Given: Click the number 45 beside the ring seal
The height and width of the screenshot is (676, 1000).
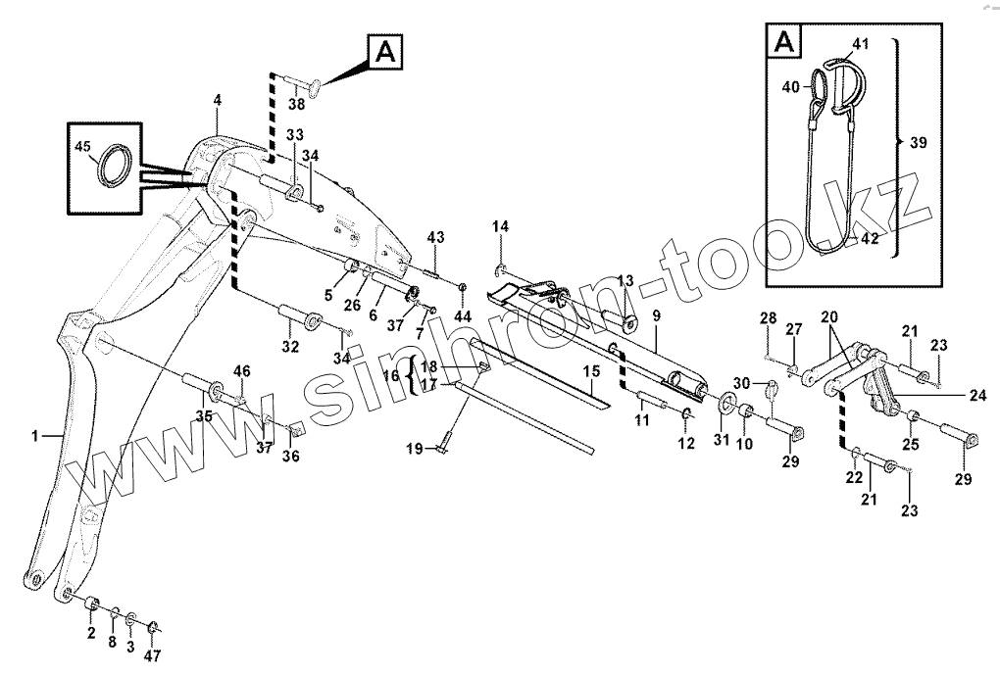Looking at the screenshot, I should [x=82, y=148].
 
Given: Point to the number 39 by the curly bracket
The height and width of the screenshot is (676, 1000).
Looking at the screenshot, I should [x=918, y=143].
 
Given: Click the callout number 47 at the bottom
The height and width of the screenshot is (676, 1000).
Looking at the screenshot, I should [x=154, y=655].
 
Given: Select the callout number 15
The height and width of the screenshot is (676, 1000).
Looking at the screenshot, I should [x=591, y=371].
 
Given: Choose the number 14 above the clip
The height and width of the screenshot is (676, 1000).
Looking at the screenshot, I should [x=500, y=227].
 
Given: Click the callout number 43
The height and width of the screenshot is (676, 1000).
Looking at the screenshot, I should [x=435, y=238].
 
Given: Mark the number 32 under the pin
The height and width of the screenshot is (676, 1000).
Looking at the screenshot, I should [x=290, y=346].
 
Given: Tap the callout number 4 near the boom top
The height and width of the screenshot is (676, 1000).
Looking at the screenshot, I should [x=217, y=100].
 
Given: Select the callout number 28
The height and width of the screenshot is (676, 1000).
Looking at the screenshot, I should [x=768, y=317].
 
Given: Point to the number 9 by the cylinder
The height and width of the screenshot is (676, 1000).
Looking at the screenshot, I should [x=657, y=315].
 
